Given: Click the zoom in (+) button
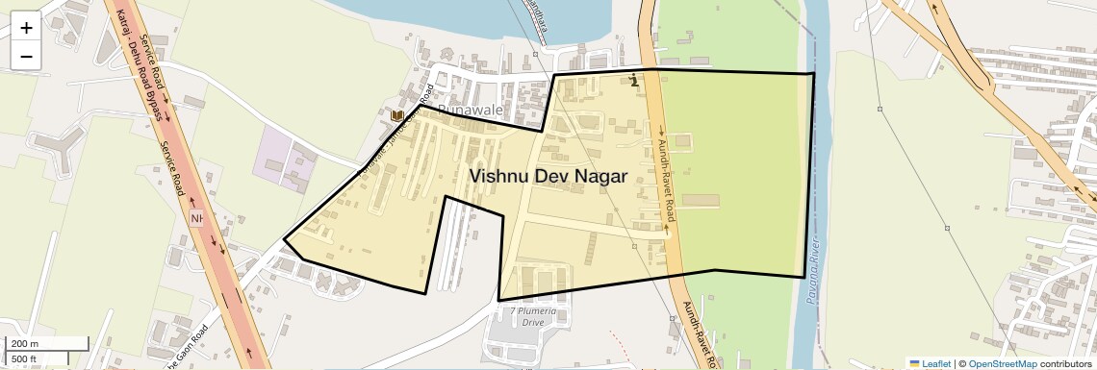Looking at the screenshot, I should point(26,28).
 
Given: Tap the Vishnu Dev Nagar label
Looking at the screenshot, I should point(548,177).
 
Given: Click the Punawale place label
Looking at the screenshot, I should point(471,111).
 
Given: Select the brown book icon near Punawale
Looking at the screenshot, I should point(397,116).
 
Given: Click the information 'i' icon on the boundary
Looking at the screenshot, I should point(633,80).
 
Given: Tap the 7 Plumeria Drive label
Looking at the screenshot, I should point(533,311).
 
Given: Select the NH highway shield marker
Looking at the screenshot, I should point(197,218).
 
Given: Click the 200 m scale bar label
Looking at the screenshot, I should point(25,344).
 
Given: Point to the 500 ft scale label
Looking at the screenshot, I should point(25,358).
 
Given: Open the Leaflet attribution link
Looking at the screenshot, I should point(930,363).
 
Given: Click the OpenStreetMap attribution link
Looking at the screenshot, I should point(1002,363).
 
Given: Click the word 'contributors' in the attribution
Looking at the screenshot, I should point(1067,363).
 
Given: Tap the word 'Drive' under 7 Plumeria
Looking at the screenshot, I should point(533,323).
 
